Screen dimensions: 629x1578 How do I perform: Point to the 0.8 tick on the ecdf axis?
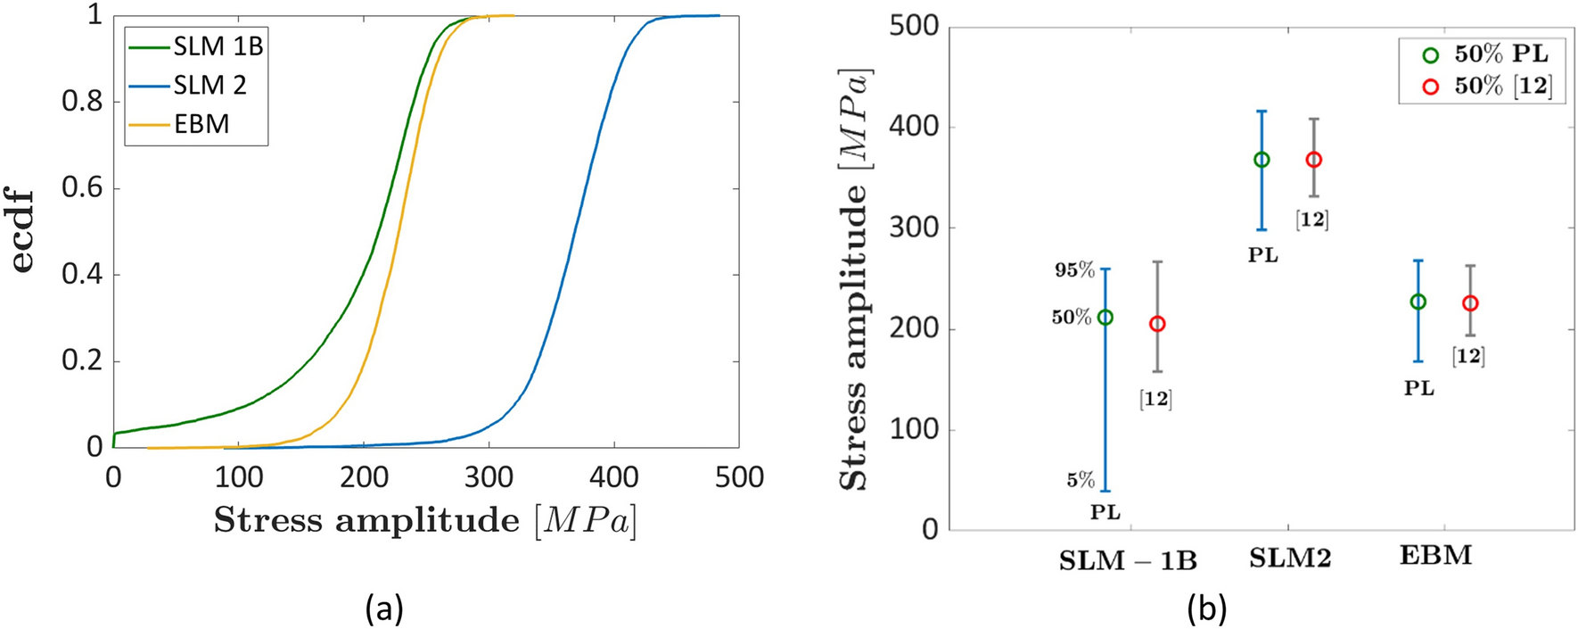(x=82, y=102)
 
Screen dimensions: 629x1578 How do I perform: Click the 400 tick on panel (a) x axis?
(x=613, y=477)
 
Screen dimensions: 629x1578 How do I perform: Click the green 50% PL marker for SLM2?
(x=1262, y=160)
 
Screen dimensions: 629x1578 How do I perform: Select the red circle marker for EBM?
(x=1470, y=303)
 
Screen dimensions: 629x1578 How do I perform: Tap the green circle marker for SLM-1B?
(x=1105, y=318)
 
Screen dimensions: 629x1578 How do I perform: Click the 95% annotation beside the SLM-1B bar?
(x=1074, y=269)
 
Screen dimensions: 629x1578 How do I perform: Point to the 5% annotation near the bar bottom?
(x=1080, y=480)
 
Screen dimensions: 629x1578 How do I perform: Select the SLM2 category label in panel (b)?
(x=1289, y=558)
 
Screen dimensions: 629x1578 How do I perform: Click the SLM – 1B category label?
(x=1127, y=560)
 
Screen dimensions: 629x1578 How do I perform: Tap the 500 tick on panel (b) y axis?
(x=914, y=26)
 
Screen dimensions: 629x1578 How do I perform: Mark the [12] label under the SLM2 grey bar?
(x=1311, y=219)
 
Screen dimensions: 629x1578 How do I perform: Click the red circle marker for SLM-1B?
(x=1157, y=324)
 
